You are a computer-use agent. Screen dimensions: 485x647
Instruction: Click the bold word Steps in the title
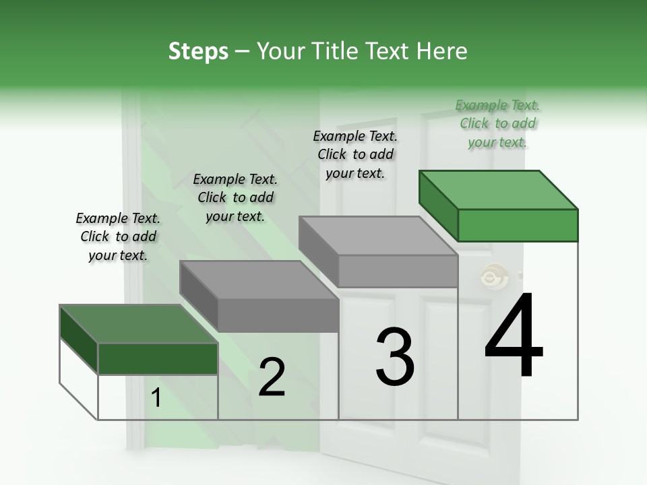198,51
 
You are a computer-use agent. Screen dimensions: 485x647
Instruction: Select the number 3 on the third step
395,357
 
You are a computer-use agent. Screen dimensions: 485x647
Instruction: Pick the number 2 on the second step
272,377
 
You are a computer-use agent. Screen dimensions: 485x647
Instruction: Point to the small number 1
156,399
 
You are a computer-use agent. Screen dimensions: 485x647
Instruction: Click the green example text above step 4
497,123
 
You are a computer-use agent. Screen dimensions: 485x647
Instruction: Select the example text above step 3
355,154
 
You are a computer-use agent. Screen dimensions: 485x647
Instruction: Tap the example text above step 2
235,197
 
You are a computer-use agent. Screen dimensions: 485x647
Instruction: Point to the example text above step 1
118,236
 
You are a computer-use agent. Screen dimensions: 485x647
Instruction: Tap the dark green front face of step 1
158,358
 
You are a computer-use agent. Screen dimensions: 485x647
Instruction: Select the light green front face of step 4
518,225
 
